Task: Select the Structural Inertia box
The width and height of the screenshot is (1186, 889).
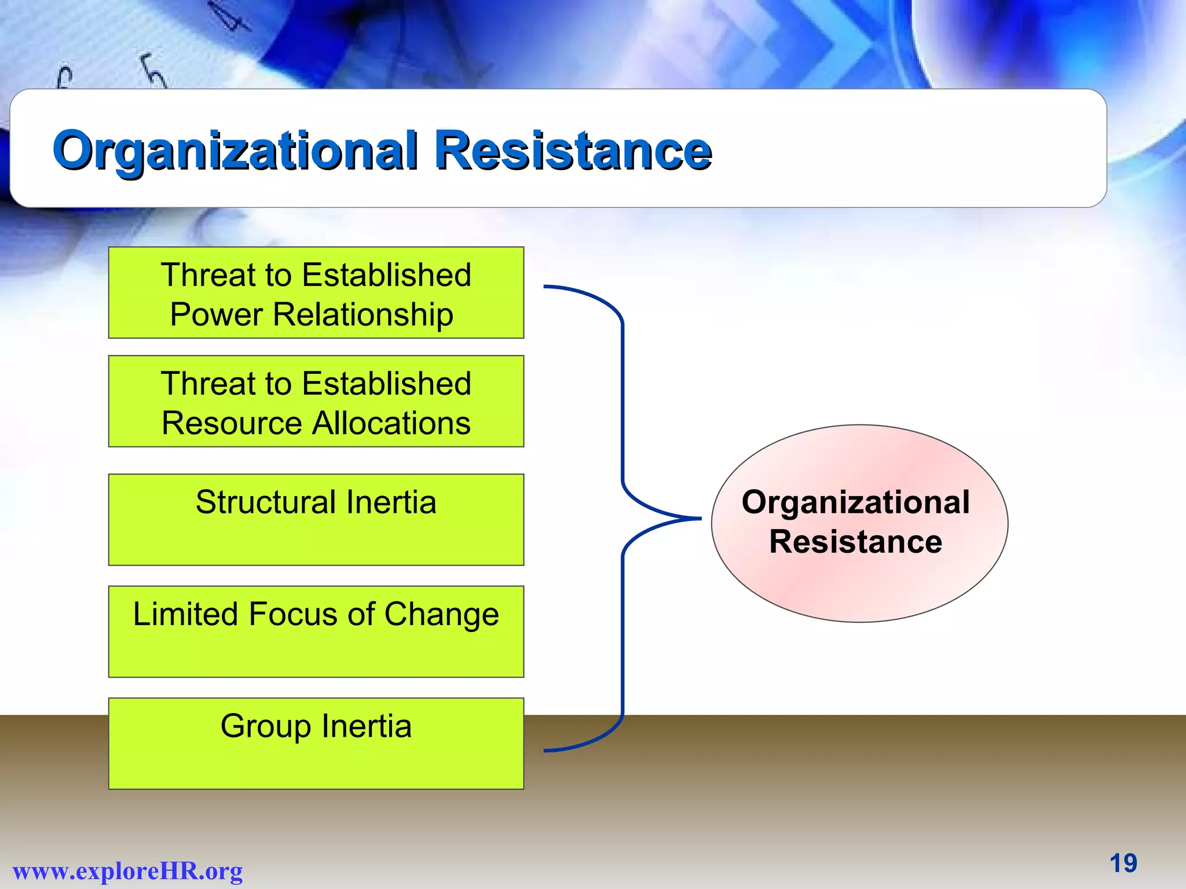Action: pyautogui.click(x=316, y=519)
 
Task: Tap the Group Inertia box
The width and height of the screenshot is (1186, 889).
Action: pyautogui.click(x=316, y=743)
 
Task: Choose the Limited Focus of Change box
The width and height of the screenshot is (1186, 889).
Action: pyautogui.click(x=316, y=631)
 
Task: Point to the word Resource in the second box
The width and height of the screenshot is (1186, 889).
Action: pyautogui.click(x=232, y=423)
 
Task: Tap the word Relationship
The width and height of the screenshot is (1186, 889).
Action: pyautogui.click(x=363, y=315)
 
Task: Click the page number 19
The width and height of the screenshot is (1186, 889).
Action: pyautogui.click(x=1123, y=864)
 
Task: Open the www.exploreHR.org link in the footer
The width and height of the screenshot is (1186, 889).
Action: pyautogui.click(x=127, y=871)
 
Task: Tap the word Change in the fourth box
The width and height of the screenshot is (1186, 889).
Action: pyautogui.click(x=441, y=614)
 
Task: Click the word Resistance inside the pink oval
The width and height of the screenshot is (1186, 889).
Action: pyautogui.click(x=855, y=542)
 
